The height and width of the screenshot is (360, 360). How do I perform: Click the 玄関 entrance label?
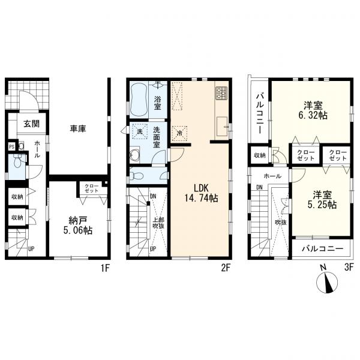[32, 124]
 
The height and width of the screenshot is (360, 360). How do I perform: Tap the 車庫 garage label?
[78, 129]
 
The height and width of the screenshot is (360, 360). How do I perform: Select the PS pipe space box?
[12, 146]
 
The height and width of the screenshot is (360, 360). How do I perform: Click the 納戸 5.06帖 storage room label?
[78, 226]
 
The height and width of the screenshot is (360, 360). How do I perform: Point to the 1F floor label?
[106, 268]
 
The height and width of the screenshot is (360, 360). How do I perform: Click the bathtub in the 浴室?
[139, 100]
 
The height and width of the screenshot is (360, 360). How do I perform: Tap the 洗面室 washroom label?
[157, 137]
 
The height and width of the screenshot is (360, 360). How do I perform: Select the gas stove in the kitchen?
[221, 93]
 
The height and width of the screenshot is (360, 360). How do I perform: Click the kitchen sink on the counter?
[222, 126]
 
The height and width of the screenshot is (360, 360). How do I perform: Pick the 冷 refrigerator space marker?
[180, 133]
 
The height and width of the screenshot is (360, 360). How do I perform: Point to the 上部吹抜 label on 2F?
[158, 223]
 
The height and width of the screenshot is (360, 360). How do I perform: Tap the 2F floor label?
[226, 268]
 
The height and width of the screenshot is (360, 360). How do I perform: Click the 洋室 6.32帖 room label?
[313, 110]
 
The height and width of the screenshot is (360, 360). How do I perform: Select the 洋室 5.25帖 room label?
[322, 200]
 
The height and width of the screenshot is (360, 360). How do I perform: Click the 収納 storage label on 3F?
[260, 155]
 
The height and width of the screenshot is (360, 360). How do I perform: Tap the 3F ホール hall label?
[272, 176]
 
